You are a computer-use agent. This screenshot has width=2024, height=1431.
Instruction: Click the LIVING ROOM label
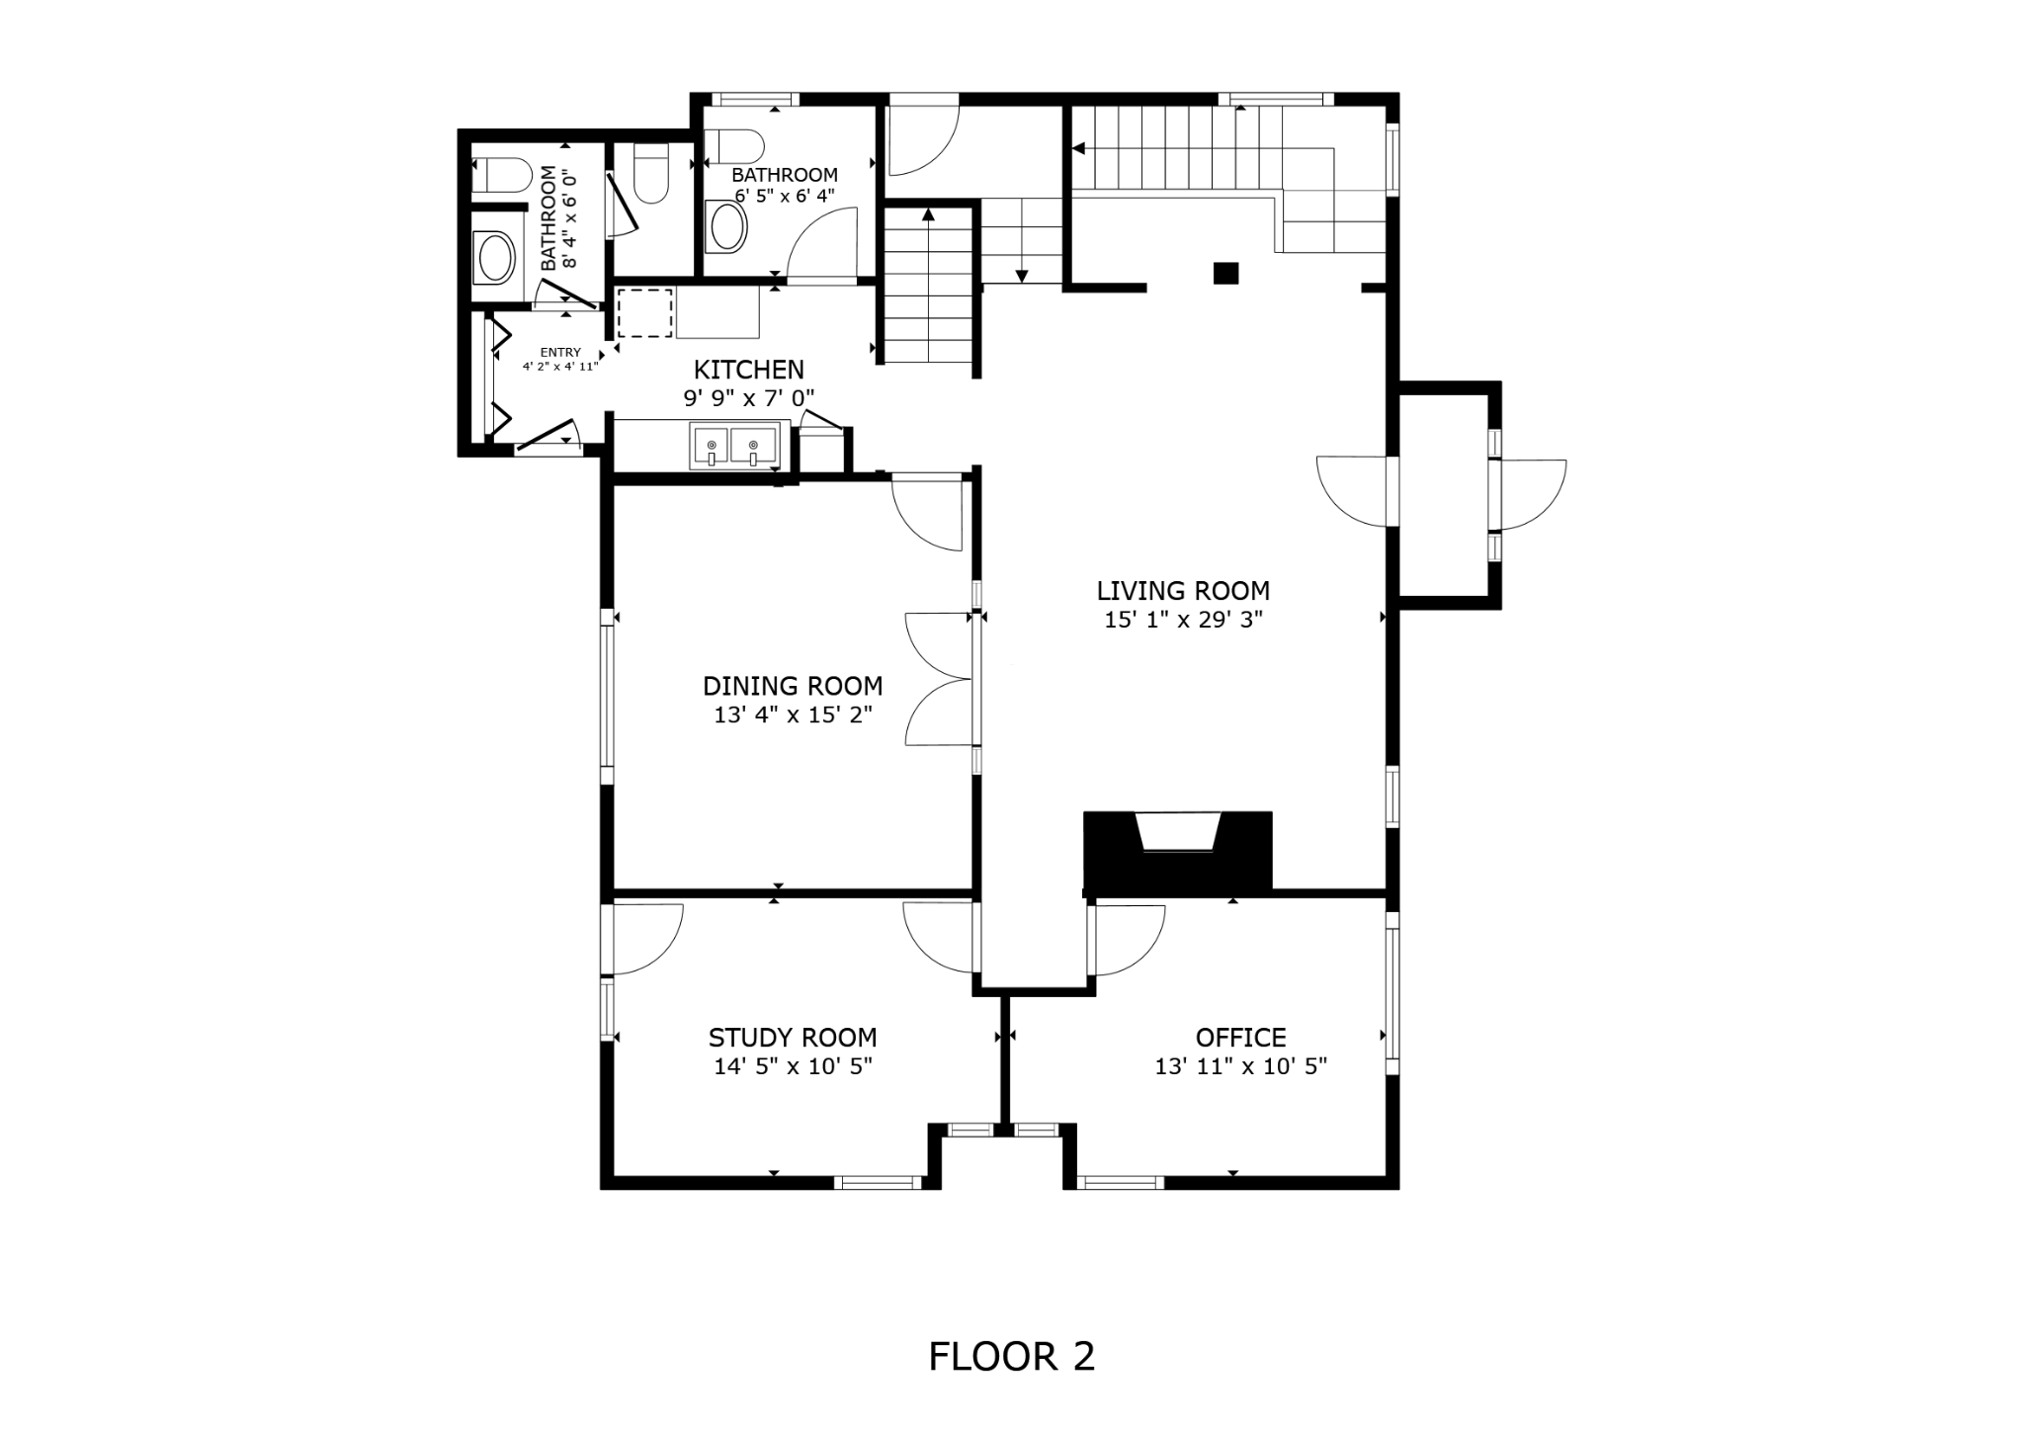(1183, 591)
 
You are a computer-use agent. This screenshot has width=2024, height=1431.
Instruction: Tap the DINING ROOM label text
(793, 686)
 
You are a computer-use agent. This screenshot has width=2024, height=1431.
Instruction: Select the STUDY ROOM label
(793, 1038)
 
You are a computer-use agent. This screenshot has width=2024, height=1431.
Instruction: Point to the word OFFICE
(1240, 1038)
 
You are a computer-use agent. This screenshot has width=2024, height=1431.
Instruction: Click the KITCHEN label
(749, 370)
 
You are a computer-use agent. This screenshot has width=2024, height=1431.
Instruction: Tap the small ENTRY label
(560, 353)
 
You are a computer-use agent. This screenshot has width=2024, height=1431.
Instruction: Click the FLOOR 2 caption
(1012, 1357)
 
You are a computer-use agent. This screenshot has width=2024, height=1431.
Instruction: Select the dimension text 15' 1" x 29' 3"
(1183, 620)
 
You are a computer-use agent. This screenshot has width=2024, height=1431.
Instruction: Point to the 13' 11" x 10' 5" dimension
(1240, 1066)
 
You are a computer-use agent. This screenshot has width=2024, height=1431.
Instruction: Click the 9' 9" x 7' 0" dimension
(749, 398)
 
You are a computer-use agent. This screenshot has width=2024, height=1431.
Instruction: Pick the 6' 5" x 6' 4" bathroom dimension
(785, 195)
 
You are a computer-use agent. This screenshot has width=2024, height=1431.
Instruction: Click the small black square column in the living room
(1225, 273)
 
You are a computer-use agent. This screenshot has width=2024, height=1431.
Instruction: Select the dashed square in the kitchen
(645, 313)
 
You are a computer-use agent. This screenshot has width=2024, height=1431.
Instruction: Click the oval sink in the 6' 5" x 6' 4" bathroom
(729, 227)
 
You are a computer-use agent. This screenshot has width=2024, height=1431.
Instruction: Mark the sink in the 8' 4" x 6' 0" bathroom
(496, 259)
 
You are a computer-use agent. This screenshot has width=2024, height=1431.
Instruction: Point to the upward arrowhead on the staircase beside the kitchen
(928, 213)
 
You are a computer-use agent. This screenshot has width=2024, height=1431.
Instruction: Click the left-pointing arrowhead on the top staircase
(1078, 149)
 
